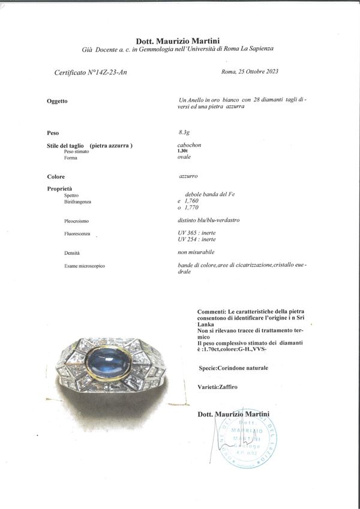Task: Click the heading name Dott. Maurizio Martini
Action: tap(179, 41)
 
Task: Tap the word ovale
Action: tap(177, 158)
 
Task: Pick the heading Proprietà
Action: tap(58, 189)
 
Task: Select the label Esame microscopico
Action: tap(84, 266)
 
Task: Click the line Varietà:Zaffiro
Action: tap(217, 387)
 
